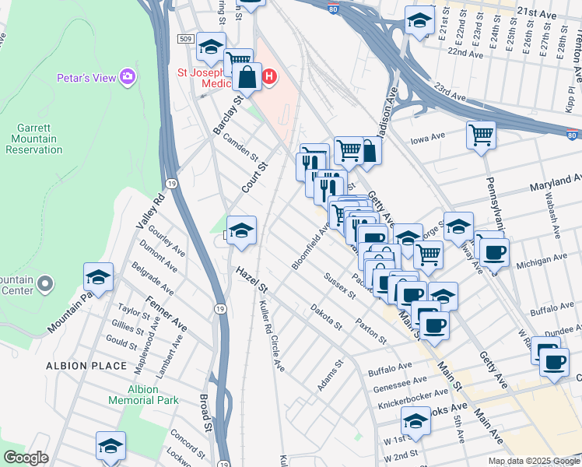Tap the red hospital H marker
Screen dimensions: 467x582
(269, 76)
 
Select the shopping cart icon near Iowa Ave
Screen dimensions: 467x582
(481, 135)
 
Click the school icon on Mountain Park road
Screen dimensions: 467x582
(99, 277)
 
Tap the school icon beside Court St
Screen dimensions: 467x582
(242, 230)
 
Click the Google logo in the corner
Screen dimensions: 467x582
(26, 457)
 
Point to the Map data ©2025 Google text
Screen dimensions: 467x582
(533, 461)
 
